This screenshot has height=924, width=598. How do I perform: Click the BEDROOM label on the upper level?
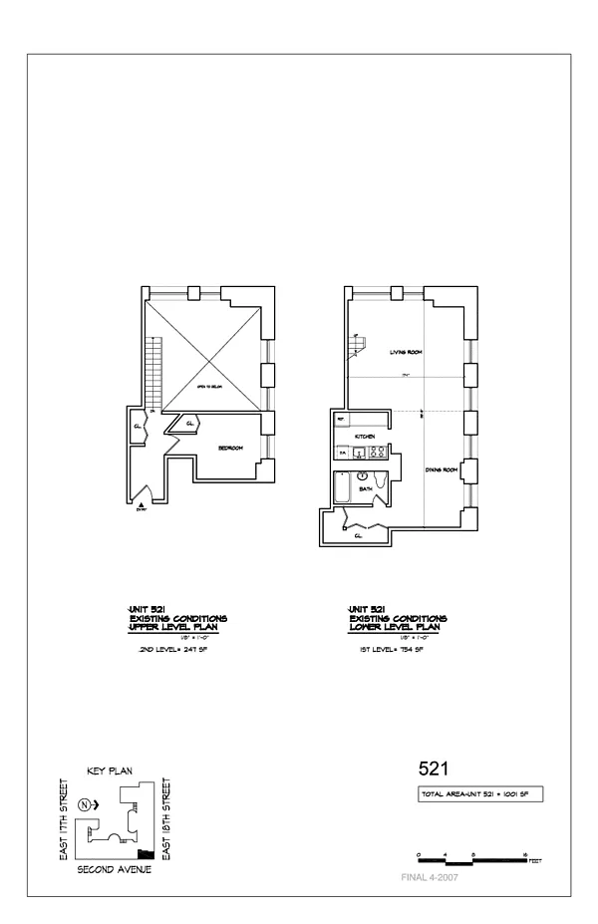click(x=231, y=448)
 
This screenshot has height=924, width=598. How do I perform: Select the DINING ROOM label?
click(x=441, y=469)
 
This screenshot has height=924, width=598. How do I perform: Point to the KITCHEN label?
click(x=365, y=437)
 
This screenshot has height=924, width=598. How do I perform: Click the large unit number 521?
click(x=433, y=770)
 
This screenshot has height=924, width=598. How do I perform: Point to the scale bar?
click(x=471, y=857)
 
